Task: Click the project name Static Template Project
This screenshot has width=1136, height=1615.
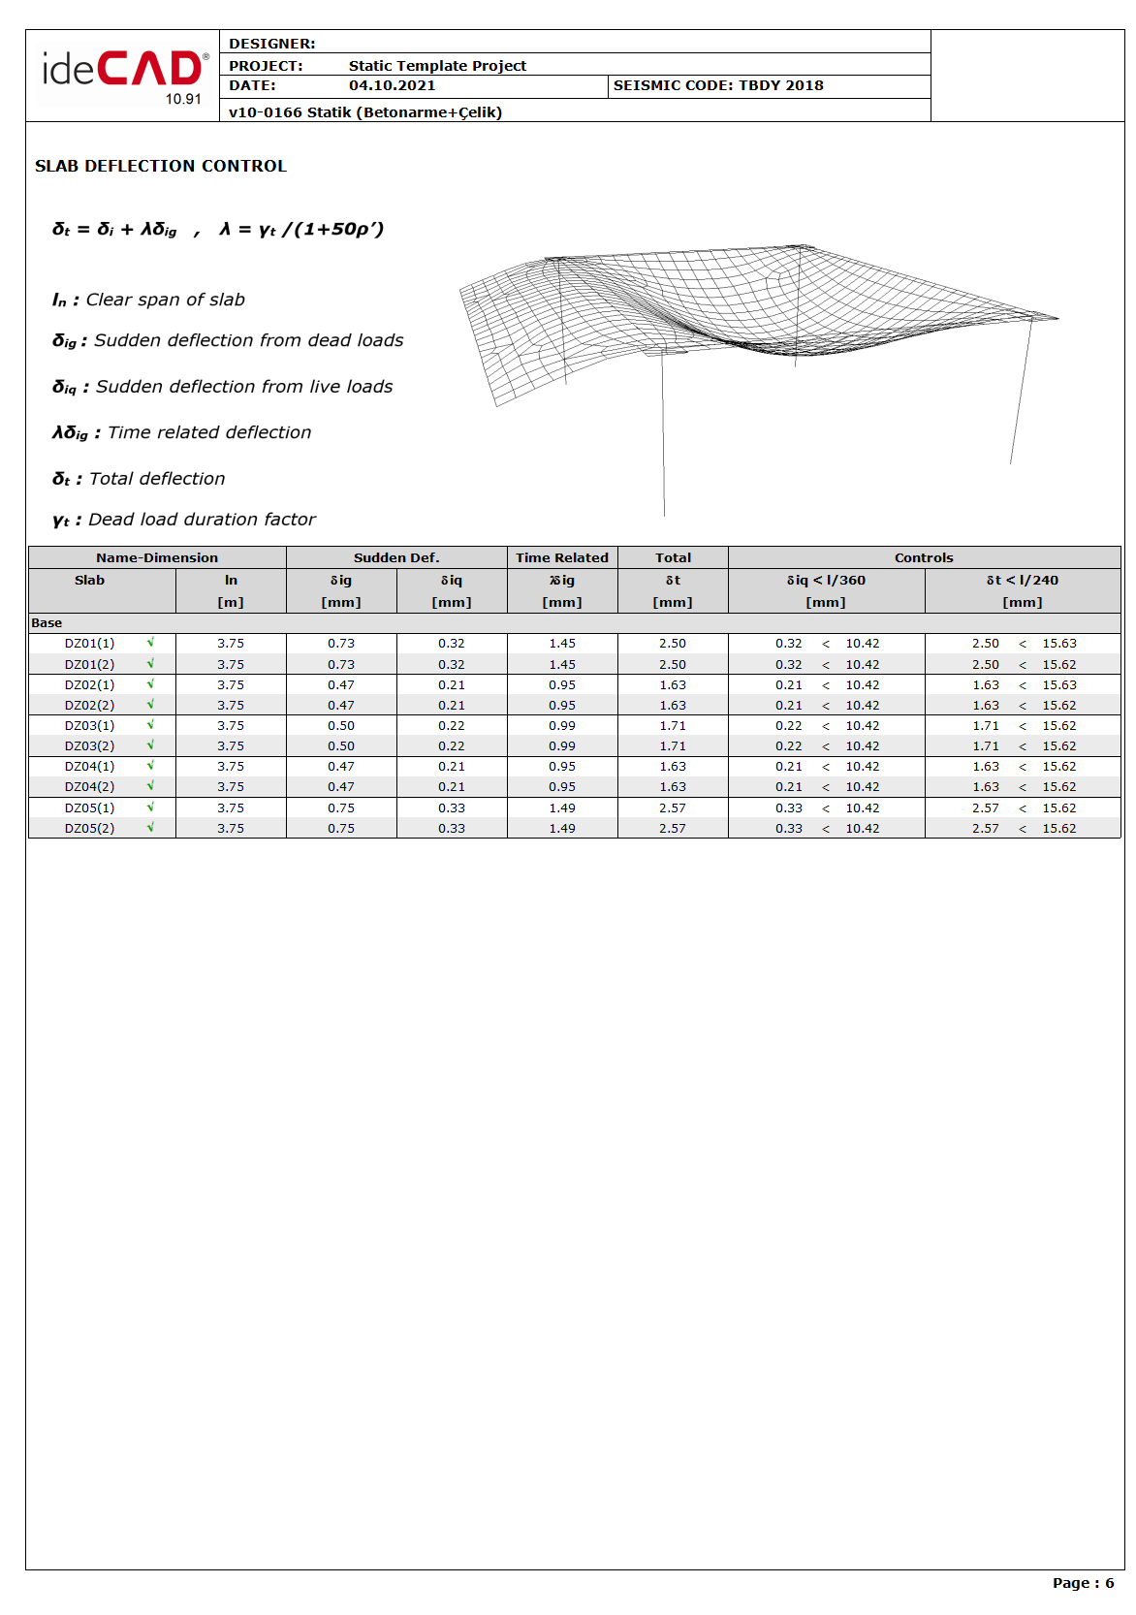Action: coord(437,66)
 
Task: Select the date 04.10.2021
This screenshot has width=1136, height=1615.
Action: coord(392,85)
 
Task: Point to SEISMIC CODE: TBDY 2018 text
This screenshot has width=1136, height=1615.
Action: coord(718,85)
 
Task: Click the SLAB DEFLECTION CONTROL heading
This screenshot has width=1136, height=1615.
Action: coord(161,166)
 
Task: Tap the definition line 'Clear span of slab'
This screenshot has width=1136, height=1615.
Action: coord(149,300)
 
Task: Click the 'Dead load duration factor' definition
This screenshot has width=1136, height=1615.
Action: coord(184,520)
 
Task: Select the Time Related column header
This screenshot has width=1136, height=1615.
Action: coord(562,557)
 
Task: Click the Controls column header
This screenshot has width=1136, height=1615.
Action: coord(924,557)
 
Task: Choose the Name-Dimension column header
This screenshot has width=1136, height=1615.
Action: coord(157,557)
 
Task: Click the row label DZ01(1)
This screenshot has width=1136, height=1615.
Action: coord(89,644)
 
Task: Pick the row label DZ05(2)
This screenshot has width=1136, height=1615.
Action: coord(89,829)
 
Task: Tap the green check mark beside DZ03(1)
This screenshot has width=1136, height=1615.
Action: coord(150,725)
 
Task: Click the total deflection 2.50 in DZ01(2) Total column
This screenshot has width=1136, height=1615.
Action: coord(673,665)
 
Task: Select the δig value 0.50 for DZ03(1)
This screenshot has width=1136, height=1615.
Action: coord(341,726)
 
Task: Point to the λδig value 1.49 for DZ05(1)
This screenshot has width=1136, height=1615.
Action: coord(562,808)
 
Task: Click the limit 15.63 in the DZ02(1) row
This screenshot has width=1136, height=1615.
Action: coord(1059,685)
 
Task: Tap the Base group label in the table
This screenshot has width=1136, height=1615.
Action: coord(47,623)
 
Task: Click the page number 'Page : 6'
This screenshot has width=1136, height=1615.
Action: coord(1083,1583)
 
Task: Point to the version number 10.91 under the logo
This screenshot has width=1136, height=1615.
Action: coord(183,99)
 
